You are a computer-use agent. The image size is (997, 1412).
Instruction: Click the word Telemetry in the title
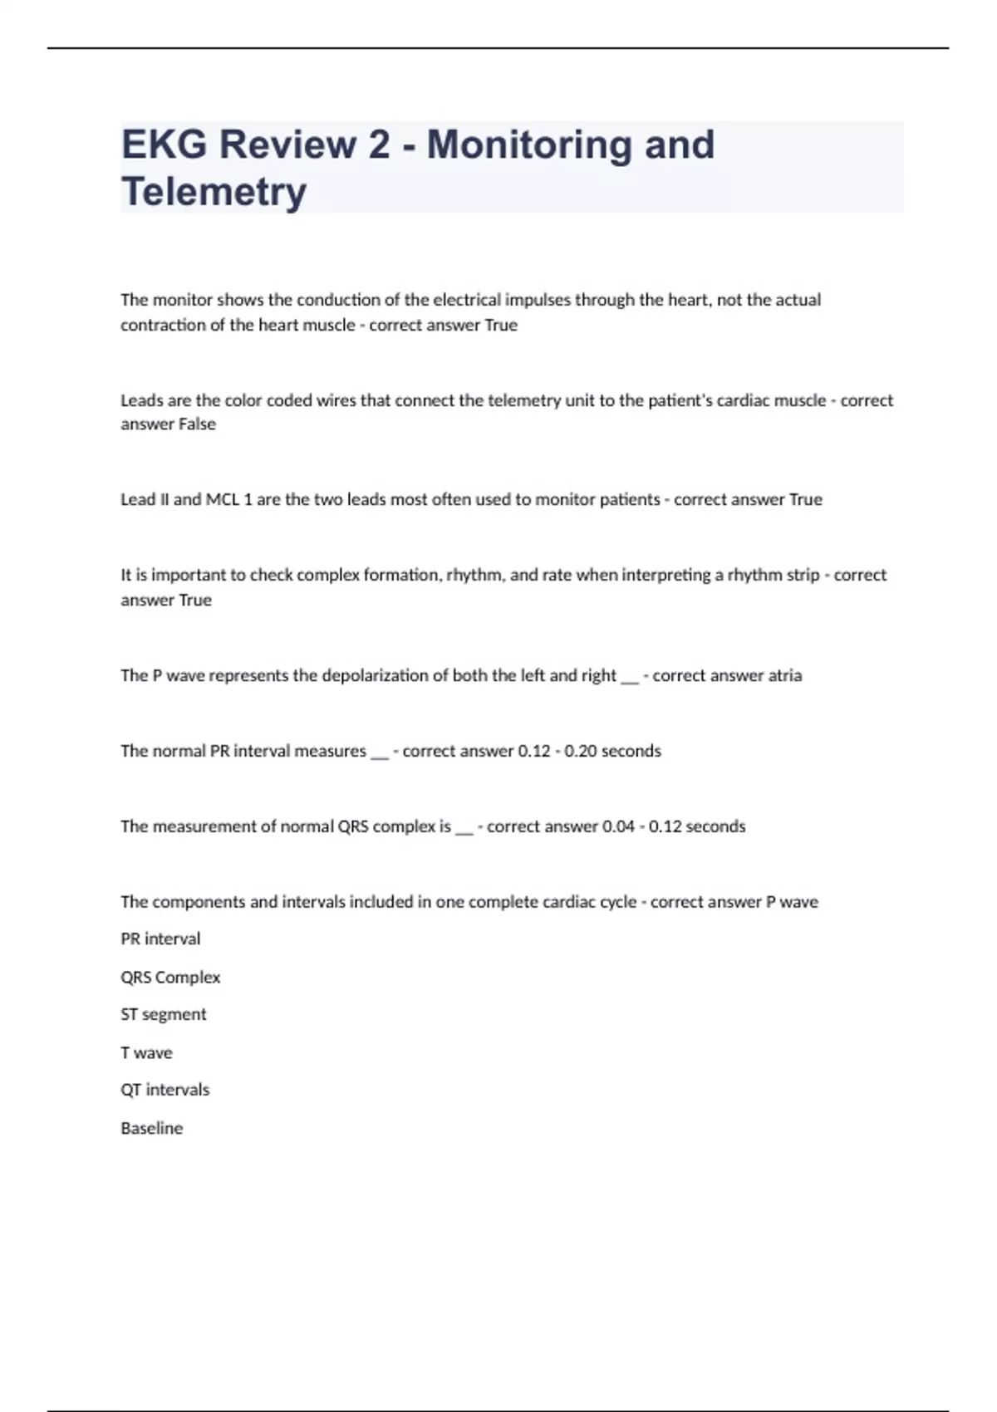214,192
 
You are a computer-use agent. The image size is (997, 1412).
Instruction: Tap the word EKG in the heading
165,145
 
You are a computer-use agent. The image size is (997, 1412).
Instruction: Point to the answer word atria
785,676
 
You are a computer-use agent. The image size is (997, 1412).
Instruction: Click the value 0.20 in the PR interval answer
580,752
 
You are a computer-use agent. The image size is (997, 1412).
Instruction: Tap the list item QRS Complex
170,978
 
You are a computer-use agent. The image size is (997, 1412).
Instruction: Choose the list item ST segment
164,1015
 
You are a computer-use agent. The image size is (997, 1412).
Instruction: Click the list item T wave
147,1053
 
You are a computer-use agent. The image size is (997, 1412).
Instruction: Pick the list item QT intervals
165,1090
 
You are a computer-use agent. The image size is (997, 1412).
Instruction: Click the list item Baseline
152,1129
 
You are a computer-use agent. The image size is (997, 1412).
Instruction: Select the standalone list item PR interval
160,939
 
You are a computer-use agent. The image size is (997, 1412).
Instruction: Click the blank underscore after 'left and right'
630,678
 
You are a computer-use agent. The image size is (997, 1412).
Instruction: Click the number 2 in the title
378,145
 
